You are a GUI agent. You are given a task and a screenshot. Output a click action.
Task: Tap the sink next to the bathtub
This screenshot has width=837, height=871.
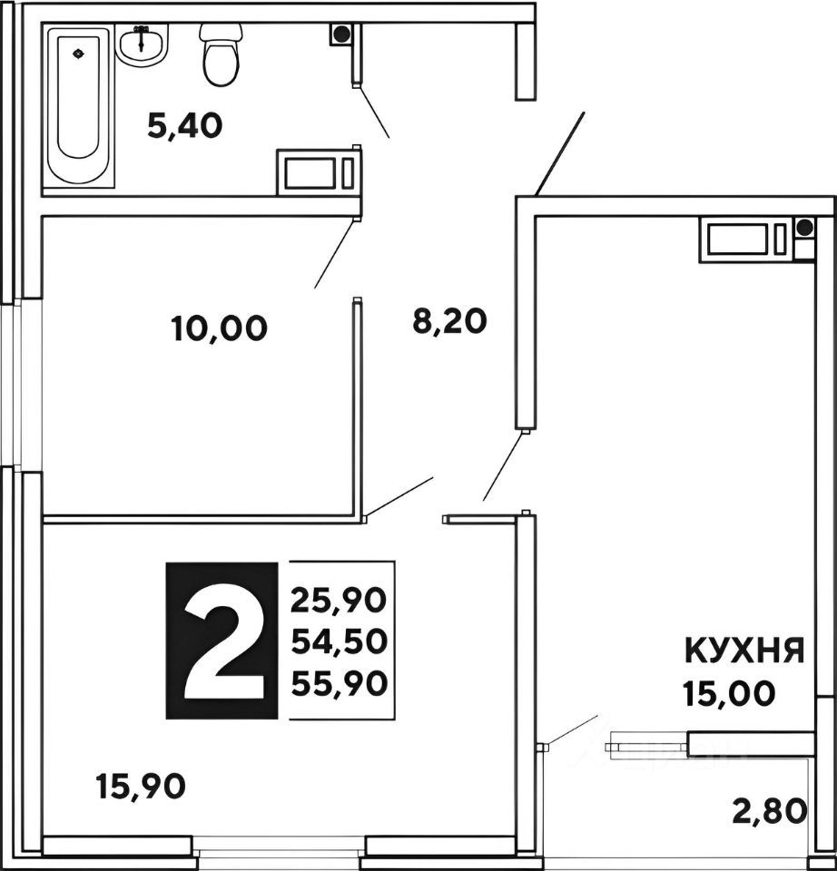pyautogui.click(x=142, y=42)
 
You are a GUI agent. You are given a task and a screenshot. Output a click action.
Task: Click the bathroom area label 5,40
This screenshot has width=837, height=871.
pyautogui.click(x=185, y=127)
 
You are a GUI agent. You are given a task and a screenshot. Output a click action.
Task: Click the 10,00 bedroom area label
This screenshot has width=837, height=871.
pyautogui.click(x=219, y=328)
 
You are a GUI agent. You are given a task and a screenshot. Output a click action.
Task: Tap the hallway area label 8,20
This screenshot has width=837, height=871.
pyautogui.click(x=450, y=321)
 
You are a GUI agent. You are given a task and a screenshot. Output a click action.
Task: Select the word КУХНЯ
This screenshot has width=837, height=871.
pyautogui.click(x=743, y=651)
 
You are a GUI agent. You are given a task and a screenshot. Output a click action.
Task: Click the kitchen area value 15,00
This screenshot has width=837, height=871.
pyautogui.click(x=729, y=694)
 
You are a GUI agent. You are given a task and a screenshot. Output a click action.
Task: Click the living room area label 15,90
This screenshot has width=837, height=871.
pyautogui.click(x=141, y=785)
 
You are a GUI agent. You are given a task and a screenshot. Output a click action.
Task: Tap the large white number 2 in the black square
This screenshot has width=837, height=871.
pyautogui.click(x=221, y=641)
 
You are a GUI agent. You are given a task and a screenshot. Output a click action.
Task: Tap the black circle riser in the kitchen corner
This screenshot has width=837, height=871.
pyautogui.click(x=804, y=228)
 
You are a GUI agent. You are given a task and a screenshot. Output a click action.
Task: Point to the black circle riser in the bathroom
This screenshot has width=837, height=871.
pyautogui.click(x=341, y=34)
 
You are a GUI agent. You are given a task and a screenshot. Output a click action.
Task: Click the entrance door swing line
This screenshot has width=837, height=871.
pyautogui.click(x=559, y=153)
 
